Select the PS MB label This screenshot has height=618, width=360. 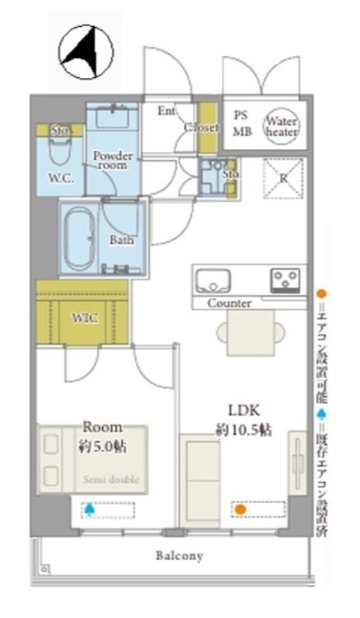242,123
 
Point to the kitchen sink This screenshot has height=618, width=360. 211,278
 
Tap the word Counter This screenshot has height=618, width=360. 229,304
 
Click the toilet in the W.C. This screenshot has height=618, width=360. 57,154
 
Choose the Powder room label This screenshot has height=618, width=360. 113,161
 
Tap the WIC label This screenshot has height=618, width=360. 84,318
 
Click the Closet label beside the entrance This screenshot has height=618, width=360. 205,127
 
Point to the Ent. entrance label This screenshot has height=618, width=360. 167,111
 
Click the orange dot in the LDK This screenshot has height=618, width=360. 240,509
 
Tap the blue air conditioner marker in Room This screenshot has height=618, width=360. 90,509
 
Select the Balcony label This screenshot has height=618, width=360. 178,555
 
